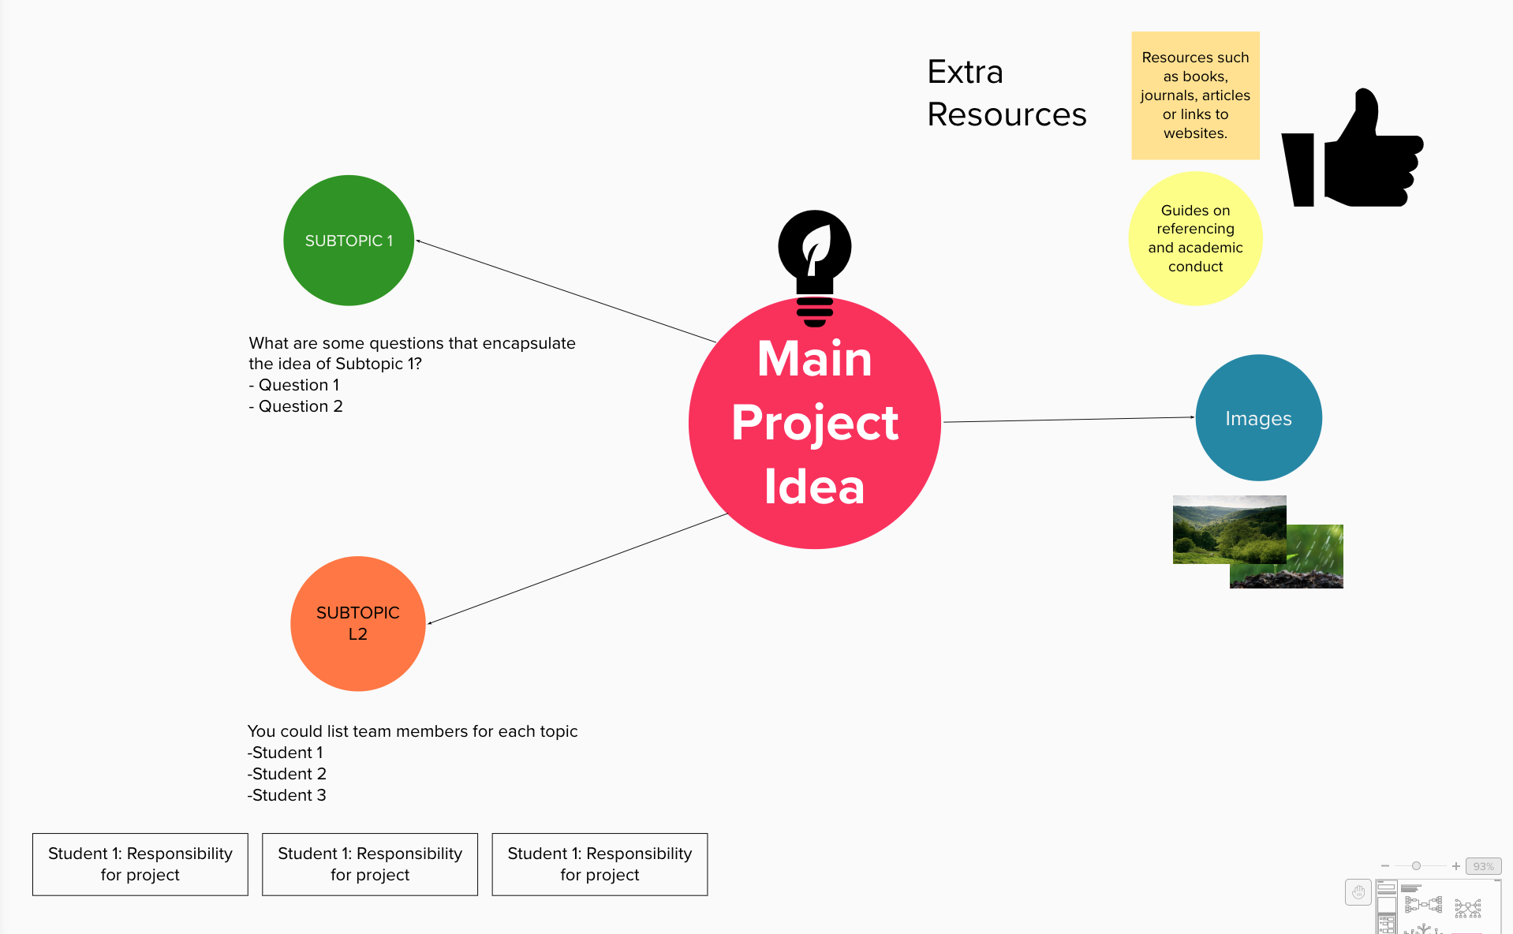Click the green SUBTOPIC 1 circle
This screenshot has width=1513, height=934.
349,241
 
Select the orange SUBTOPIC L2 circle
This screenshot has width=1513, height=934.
358,624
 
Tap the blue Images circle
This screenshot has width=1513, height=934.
1259,417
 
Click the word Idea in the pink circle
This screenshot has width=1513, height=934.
814,487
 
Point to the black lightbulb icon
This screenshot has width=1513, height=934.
815,267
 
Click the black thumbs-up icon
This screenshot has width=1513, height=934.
1352,148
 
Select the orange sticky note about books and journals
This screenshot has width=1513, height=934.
1195,95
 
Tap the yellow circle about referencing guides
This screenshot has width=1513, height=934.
1196,238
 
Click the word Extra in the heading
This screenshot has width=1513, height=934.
965,72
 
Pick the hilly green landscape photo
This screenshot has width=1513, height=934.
1229,529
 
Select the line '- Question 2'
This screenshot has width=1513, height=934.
296,406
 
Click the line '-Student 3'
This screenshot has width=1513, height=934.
287,795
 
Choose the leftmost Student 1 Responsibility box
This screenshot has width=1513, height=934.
140,865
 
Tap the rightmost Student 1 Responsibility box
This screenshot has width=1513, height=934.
600,865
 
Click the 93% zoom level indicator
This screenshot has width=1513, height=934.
1483,866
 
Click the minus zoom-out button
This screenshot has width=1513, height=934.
1385,866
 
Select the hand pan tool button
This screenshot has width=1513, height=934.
1358,892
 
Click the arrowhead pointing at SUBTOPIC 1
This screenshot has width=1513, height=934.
418,241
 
